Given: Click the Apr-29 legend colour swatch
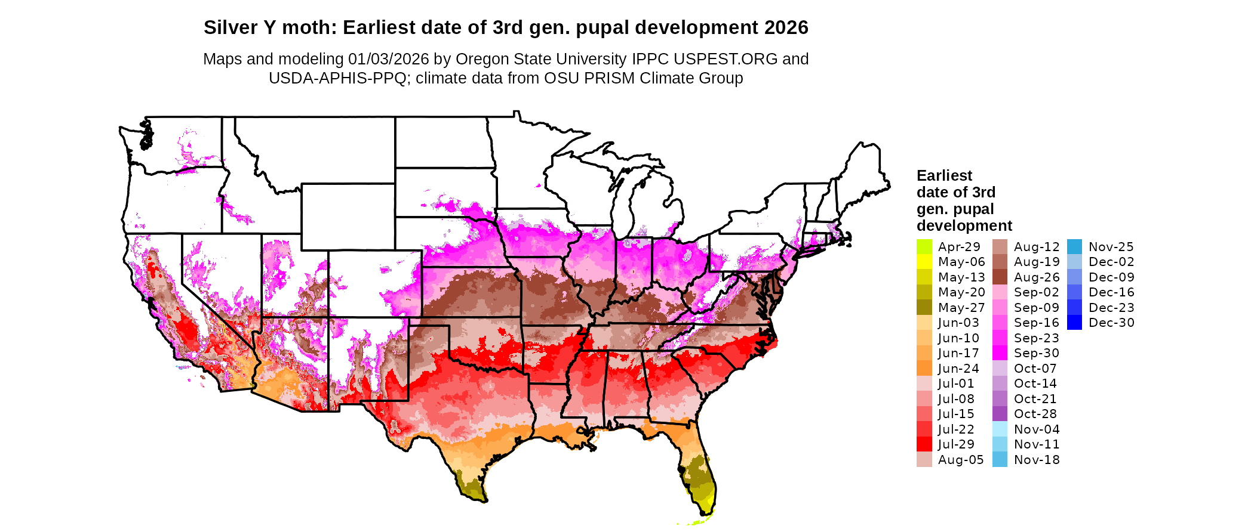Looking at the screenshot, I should [x=924, y=247].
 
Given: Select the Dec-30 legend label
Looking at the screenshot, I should [x=1111, y=323].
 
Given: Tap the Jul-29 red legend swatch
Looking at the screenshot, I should [x=924, y=444].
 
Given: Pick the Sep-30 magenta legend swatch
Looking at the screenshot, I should [x=1000, y=353].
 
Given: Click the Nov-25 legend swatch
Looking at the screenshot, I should [x=1074, y=247].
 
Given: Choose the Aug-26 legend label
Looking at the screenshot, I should [x=1037, y=277].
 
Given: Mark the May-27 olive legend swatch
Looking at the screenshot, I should [x=924, y=308].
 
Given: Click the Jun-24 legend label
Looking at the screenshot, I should [x=958, y=369].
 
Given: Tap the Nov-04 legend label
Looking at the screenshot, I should [x=1037, y=429].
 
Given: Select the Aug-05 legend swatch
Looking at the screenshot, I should [x=924, y=460].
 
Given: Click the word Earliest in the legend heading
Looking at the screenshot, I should [x=944, y=175].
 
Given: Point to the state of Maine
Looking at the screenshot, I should [x=866, y=173].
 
